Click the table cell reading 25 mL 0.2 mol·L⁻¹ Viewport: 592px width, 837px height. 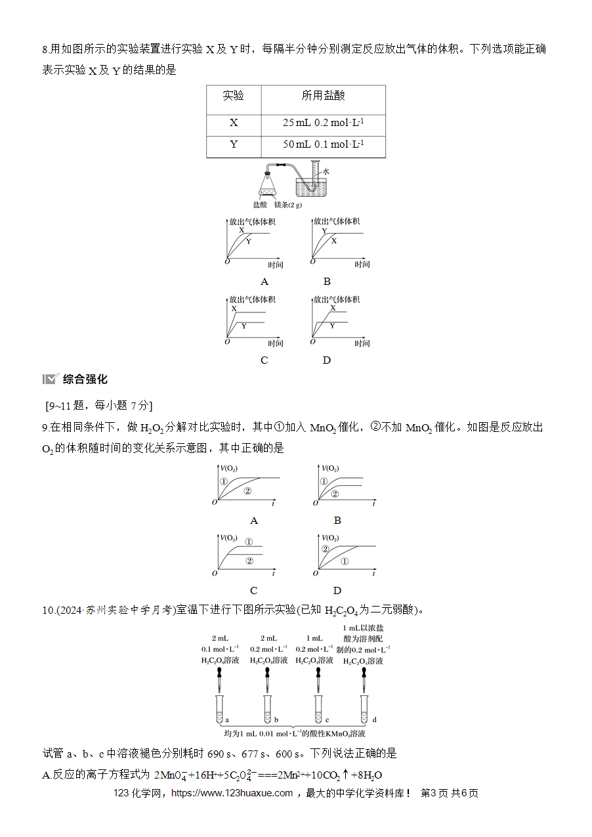click(323, 123)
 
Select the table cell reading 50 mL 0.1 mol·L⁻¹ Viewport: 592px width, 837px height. click(323, 144)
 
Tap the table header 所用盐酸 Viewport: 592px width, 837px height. click(323, 96)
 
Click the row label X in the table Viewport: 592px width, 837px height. click(234, 123)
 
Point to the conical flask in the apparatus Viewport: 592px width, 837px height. click(268, 184)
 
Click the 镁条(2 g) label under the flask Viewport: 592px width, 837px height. click(288, 205)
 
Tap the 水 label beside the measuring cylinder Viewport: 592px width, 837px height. click(326, 171)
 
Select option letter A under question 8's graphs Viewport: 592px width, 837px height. click(264, 282)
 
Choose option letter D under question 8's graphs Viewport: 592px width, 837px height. click(327, 360)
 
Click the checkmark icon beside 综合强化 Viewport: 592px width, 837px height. click(51, 379)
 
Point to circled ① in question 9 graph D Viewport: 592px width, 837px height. click(345, 561)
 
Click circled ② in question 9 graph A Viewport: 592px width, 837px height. click(247, 491)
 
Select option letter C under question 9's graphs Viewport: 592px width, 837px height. click(253, 591)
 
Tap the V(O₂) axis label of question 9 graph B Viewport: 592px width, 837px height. click(330, 469)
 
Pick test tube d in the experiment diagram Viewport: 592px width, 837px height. click(364, 709)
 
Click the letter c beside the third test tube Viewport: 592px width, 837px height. click(328, 719)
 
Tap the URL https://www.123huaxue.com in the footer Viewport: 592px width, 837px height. click(232, 793)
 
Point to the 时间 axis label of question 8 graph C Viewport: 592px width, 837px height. click(276, 343)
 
